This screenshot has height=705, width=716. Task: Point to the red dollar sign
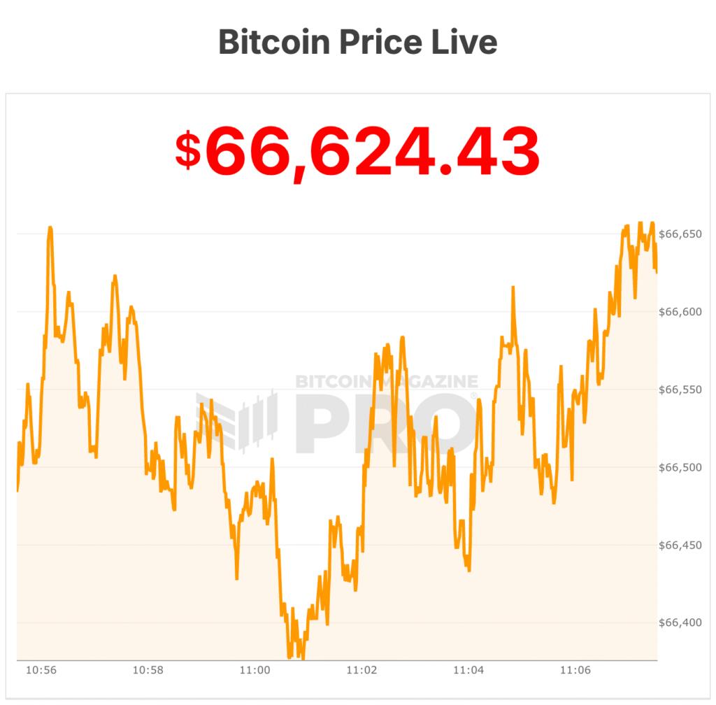tap(187, 151)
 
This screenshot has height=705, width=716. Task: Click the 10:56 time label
tap(41, 670)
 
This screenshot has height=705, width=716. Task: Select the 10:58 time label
tap(148, 670)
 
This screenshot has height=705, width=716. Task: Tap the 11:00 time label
tap(255, 670)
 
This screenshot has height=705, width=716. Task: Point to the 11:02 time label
tap(361, 670)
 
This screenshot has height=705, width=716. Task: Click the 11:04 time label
tap(468, 670)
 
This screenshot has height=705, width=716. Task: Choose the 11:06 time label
tap(575, 670)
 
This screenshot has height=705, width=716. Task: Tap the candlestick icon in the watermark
tap(238, 420)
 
